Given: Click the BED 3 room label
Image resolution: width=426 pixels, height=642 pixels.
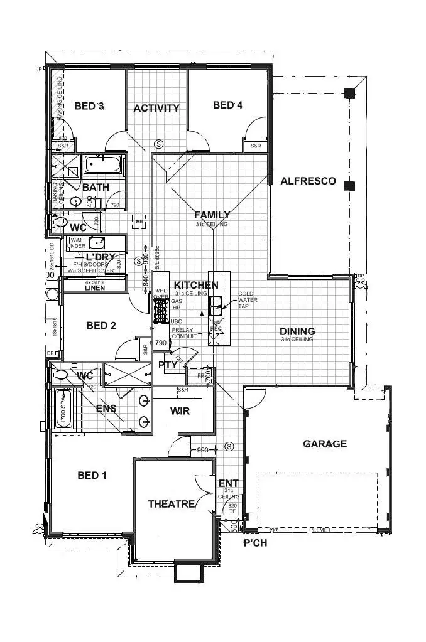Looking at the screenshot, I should coord(89,106).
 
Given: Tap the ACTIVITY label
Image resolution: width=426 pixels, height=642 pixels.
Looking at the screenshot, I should coord(156,108).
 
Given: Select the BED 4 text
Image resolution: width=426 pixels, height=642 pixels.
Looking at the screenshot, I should coord(227,105).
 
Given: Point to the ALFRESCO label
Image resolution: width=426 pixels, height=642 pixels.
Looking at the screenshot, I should coord(308,181).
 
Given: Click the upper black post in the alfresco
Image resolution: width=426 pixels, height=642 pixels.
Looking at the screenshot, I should coord(349,94).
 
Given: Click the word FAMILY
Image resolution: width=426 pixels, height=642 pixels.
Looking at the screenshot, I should coord(211,215).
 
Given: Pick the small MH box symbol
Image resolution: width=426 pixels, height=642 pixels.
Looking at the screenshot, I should coord(139,221).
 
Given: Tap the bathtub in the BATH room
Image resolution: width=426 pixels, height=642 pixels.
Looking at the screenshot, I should coord(104,166).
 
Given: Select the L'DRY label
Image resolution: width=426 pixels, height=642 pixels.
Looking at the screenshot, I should coord(99,258).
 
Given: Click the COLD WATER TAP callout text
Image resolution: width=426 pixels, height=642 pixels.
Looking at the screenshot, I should coord(248,300).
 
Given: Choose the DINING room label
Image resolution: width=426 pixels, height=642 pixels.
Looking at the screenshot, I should coord(297,331).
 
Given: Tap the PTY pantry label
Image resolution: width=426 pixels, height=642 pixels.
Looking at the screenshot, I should coord(167,365).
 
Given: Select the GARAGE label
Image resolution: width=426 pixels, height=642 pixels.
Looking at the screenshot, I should coord(325,444).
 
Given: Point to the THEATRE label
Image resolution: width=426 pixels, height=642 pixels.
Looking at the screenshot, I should coord(171,504).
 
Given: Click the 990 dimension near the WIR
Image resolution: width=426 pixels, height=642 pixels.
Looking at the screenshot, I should coord(202,450).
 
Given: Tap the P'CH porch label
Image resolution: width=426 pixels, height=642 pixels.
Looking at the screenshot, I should coord(255,543).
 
